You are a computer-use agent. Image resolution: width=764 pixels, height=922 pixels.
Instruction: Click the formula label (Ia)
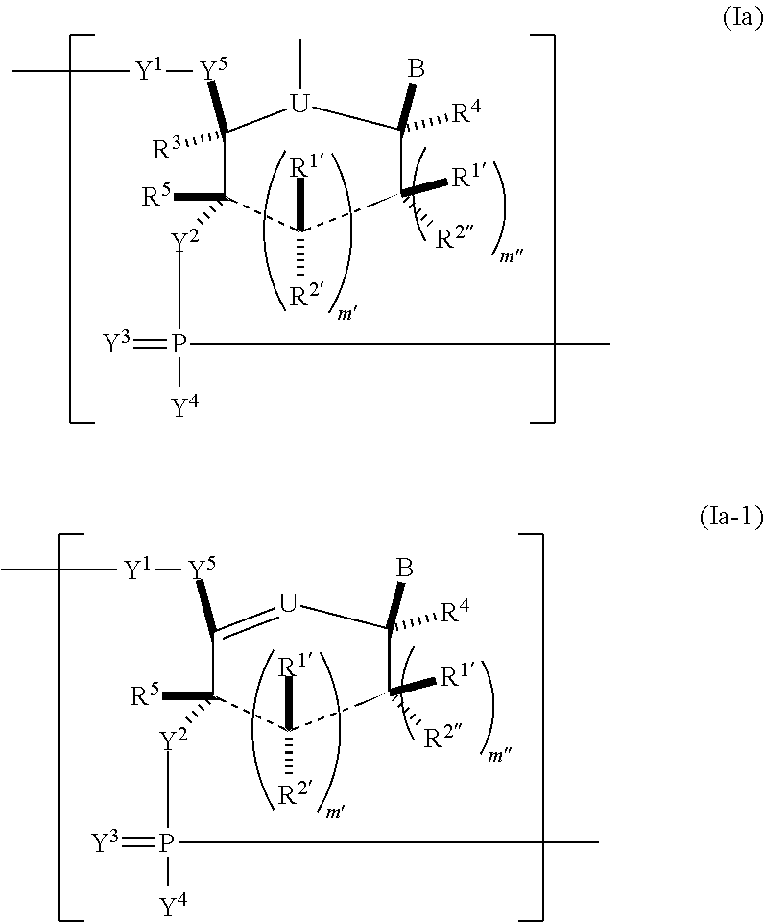[x=741, y=19]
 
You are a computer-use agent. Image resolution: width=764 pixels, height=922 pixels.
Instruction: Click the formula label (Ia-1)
[x=729, y=518]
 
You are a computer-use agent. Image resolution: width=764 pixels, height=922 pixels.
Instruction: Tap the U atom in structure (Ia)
[x=300, y=104]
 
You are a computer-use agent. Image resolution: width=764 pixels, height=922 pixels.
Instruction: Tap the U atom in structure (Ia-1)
[x=287, y=603]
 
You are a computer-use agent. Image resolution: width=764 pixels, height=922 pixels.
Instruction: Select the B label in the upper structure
[x=416, y=69]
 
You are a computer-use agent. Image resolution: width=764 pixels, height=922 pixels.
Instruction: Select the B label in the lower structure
[x=405, y=569]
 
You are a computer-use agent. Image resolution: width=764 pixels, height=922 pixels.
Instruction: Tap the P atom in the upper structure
[x=179, y=343]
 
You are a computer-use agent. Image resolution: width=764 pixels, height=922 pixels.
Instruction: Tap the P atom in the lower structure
[x=168, y=843]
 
